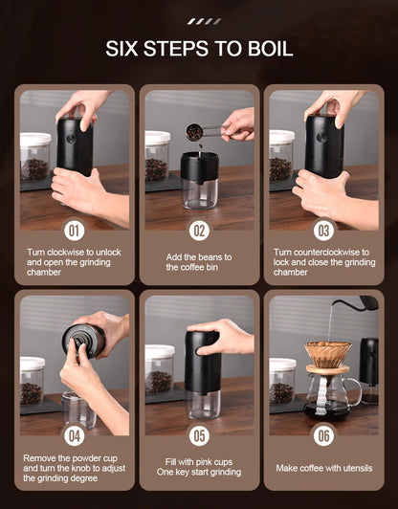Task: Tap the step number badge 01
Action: (75, 231)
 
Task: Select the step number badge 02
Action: (199, 231)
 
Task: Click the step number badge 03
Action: (323, 231)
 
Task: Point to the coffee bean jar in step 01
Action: (35, 158)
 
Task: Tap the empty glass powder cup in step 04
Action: (78, 409)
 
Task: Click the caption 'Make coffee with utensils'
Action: (323, 467)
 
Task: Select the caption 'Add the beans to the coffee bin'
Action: (199, 261)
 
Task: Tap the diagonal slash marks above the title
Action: (203, 20)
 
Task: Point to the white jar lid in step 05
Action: (158, 350)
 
